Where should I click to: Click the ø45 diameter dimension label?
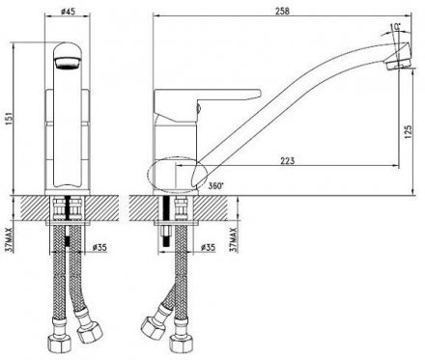tap(68, 12)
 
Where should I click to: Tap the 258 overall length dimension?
tap(283, 11)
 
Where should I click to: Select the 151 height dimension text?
tap(10, 118)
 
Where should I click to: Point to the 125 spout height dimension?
tap(408, 131)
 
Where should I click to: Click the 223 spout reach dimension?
tap(288, 160)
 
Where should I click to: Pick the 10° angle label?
tap(395, 27)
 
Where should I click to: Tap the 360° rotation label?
tap(215, 186)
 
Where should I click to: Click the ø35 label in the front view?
tap(99, 247)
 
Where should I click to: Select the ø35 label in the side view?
tap(208, 247)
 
